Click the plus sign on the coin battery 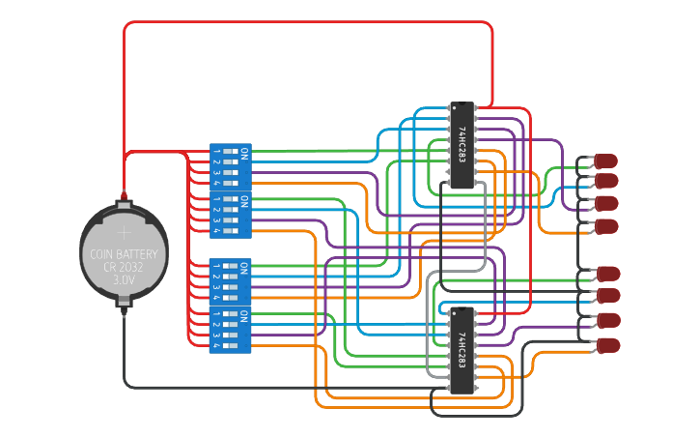coord(124,232)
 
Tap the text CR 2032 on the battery coord(124,267)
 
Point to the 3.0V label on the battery coord(124,279)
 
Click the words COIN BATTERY coord(124,254)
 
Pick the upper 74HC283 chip coord(462,144)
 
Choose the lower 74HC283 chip coord(462,349)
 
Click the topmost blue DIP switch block coord(231,166)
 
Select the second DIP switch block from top coord(231,214)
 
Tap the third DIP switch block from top coord(231,280)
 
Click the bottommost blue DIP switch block coord(231,330)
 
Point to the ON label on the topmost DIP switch coord(245,153)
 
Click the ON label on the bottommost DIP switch coord(245,316)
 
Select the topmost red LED coord(605,160)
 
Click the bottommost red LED coord(608,345)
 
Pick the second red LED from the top coord(605,181)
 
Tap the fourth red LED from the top coord(605,225)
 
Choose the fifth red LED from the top coord(608,274)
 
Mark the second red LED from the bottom coord(608,320)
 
